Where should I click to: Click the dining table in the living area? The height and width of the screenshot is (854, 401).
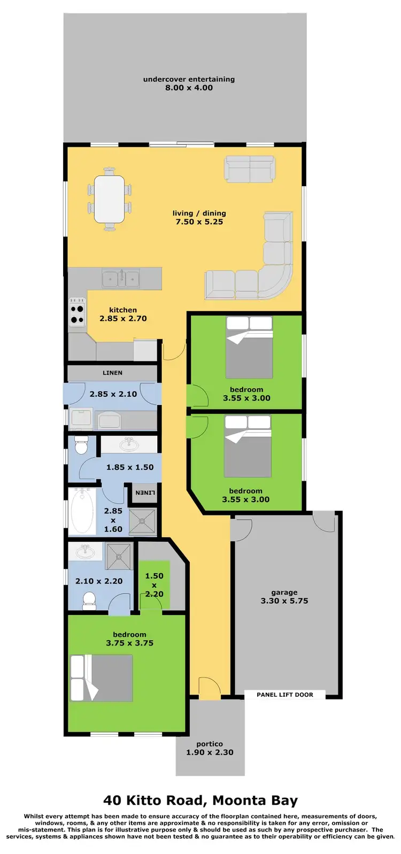[x=109, y=199]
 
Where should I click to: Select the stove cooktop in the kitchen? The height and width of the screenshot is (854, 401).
[x=77, y=312]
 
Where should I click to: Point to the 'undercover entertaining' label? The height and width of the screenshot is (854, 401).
[x=189, y=79]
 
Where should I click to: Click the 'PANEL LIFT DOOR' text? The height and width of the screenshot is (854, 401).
[x=284, y=695]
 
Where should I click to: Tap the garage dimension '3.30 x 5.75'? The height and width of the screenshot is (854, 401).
[x=284, y=601]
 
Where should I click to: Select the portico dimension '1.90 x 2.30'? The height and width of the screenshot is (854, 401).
[x=210, y=752]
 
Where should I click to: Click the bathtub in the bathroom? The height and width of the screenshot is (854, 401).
[x=82, y=510]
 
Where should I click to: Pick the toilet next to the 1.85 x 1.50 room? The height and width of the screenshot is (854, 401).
[x=81, y=445]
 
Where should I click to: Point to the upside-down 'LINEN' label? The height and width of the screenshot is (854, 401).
[x=145, y=492]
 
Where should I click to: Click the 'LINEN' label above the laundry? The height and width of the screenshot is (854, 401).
[x=112, y=373]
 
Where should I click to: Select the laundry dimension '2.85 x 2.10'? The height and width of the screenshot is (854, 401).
[x=113, y=394]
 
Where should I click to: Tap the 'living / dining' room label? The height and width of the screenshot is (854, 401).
[x=199, y=213]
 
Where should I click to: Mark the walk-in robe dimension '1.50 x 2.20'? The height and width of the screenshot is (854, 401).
[x=154, y=584]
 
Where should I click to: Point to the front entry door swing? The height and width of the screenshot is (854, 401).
[x=209, y=688]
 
